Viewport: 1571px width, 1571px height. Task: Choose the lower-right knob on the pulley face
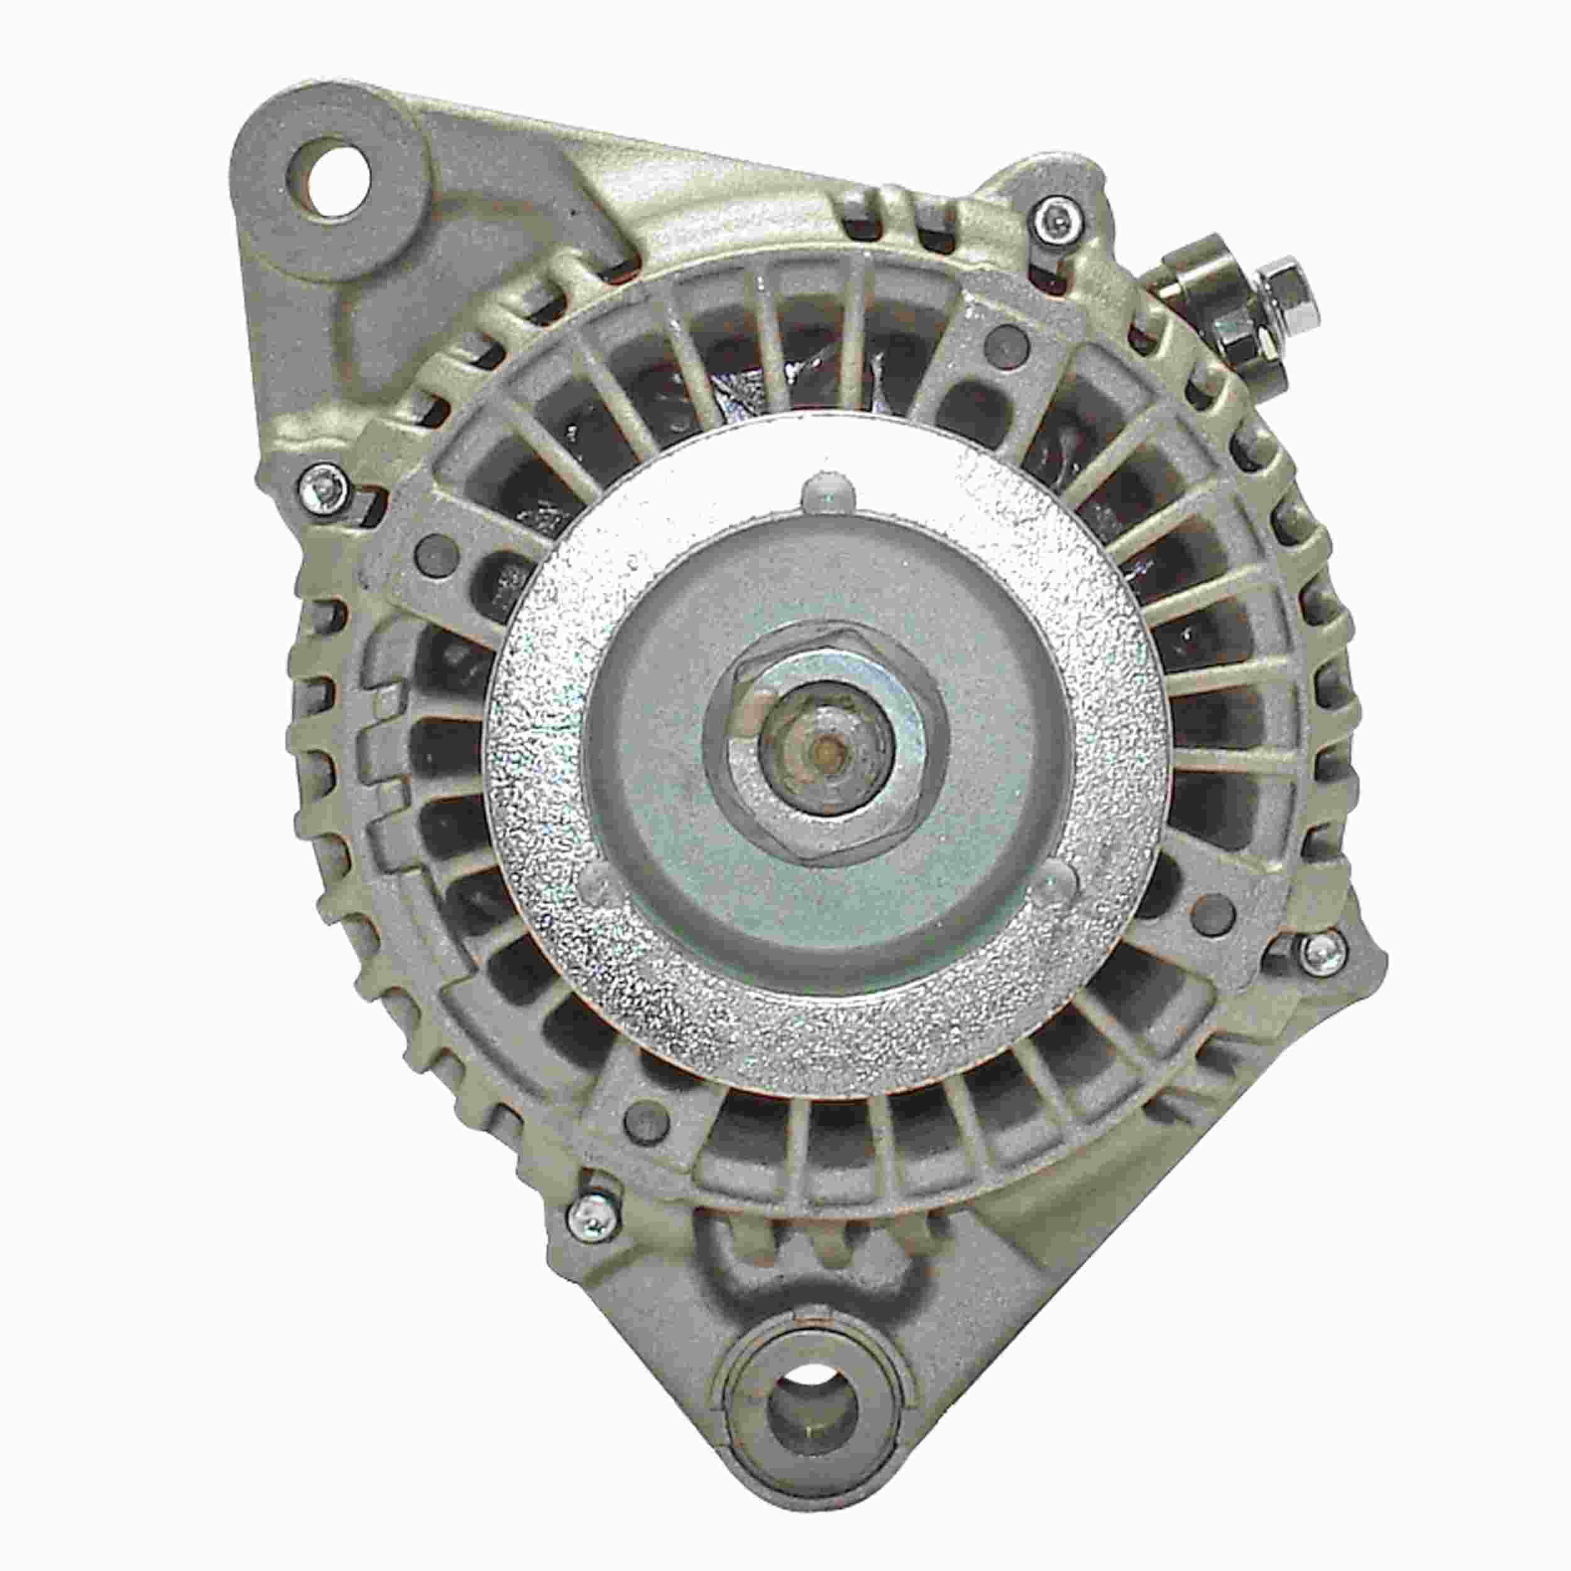click(1053, 880)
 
